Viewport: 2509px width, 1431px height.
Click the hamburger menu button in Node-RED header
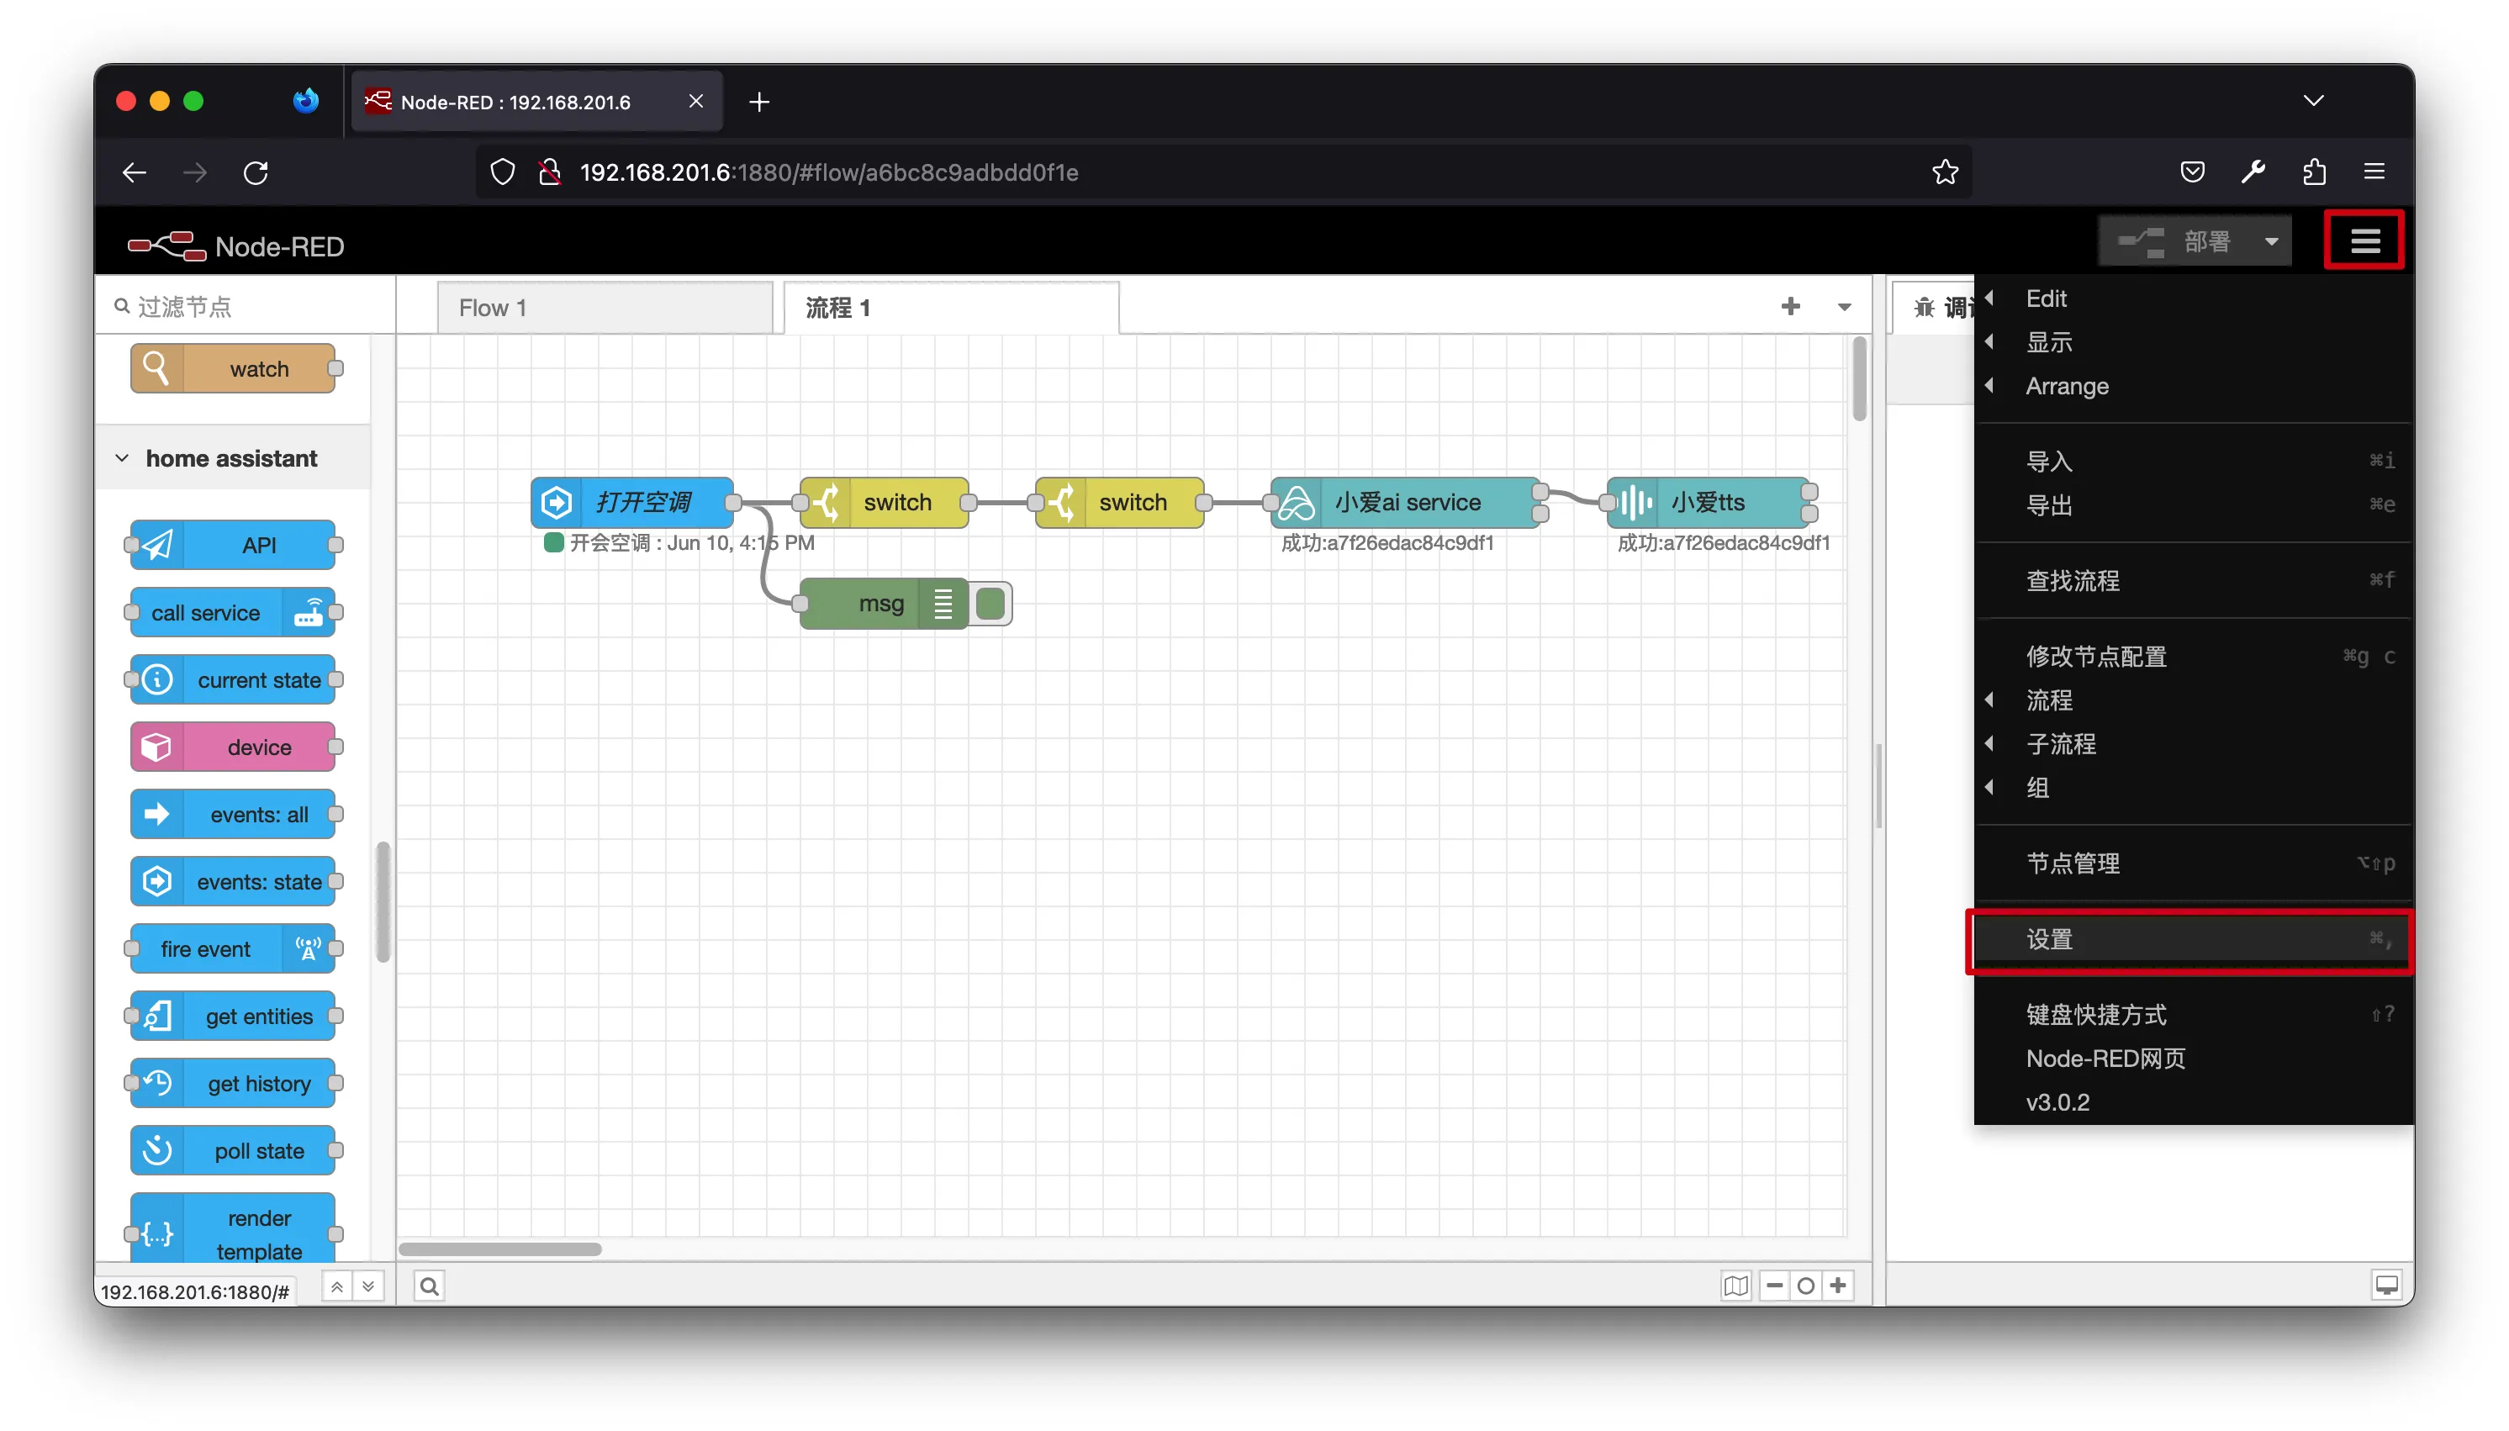[2364, 240]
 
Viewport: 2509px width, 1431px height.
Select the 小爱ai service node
[1405, 502]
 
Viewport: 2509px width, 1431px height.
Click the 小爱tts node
[1708, 502]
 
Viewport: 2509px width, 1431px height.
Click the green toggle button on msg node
[990, 604]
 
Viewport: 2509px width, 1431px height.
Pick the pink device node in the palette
[233, 747]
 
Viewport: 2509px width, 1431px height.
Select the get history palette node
[233, 1083]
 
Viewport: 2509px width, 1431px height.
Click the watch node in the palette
[233, 368]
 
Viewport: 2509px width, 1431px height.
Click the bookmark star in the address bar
[1945, 173]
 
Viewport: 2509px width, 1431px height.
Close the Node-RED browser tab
[696, 101]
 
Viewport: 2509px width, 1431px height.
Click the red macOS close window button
[126, 101]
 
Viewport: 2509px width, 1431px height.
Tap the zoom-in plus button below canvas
[1838, 1285]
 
